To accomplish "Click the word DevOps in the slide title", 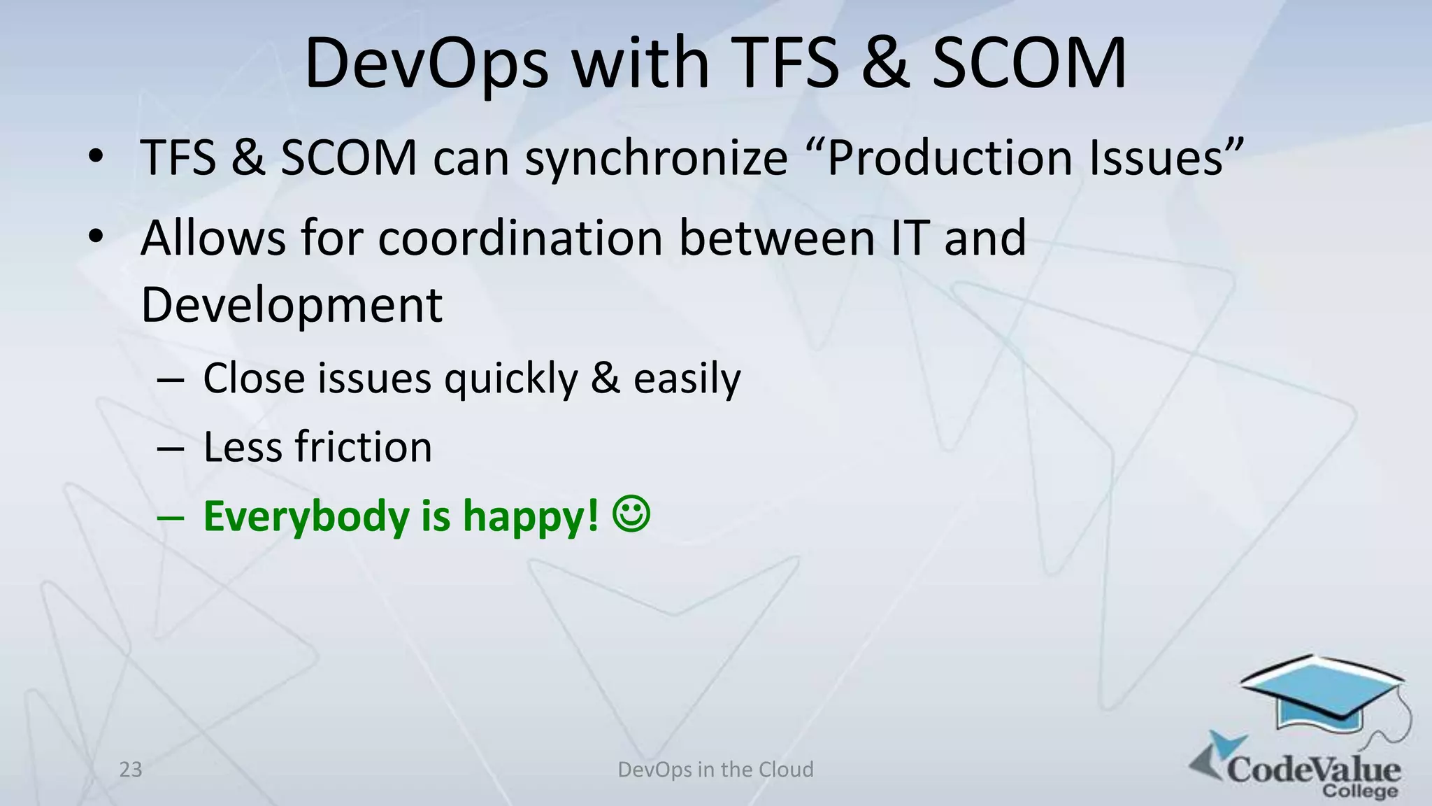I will (x=427, y=64).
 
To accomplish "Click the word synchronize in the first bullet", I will (x=656, y=158).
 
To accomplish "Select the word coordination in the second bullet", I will (x=520, y=239).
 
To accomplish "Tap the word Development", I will (x=292, y=306).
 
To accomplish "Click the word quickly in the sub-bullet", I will (x=511, y=379).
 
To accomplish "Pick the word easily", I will (x=687, y=379).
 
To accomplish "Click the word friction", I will (x=363, y=447).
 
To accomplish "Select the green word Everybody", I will (x=306, y=516).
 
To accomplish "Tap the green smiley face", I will (x=631, y=514).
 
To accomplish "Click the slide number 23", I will (x=131, y=770).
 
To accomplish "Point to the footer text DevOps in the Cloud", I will (x=715, y=770).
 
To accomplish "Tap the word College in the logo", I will (x=1359, y=791).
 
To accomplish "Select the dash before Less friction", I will (x=171, y=448).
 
